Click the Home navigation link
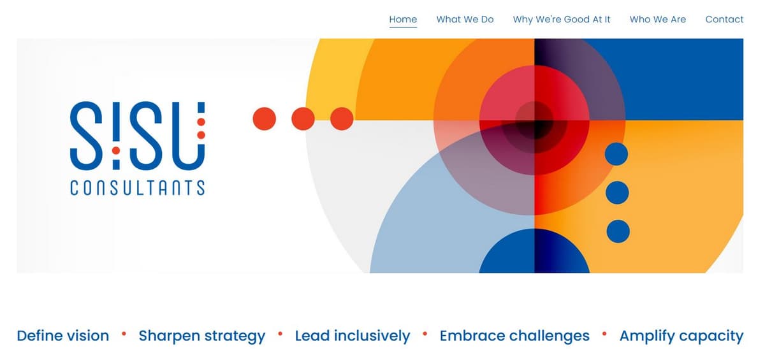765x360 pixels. (403, 20)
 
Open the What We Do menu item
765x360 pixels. (465, 20)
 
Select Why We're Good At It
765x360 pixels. (561, 20)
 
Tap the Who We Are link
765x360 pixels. (657, 20)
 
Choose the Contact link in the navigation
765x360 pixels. (724, 20)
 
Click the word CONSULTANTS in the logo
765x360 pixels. (137, 188)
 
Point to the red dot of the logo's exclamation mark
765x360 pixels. (116, 150)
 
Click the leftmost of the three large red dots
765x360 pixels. (265, 119)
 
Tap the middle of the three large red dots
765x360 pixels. (303, 119)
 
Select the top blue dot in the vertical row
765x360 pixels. (616, 154)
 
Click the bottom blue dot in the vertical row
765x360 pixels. (618, 231)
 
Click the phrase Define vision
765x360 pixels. (62, 336)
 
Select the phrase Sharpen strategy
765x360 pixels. (201, 336)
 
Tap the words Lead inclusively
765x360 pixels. (352, 336)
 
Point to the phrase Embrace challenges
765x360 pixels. (514, 336)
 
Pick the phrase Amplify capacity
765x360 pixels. (681, 336)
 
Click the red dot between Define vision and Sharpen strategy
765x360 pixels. (124, 333)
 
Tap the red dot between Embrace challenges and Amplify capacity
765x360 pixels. (604, 333)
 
